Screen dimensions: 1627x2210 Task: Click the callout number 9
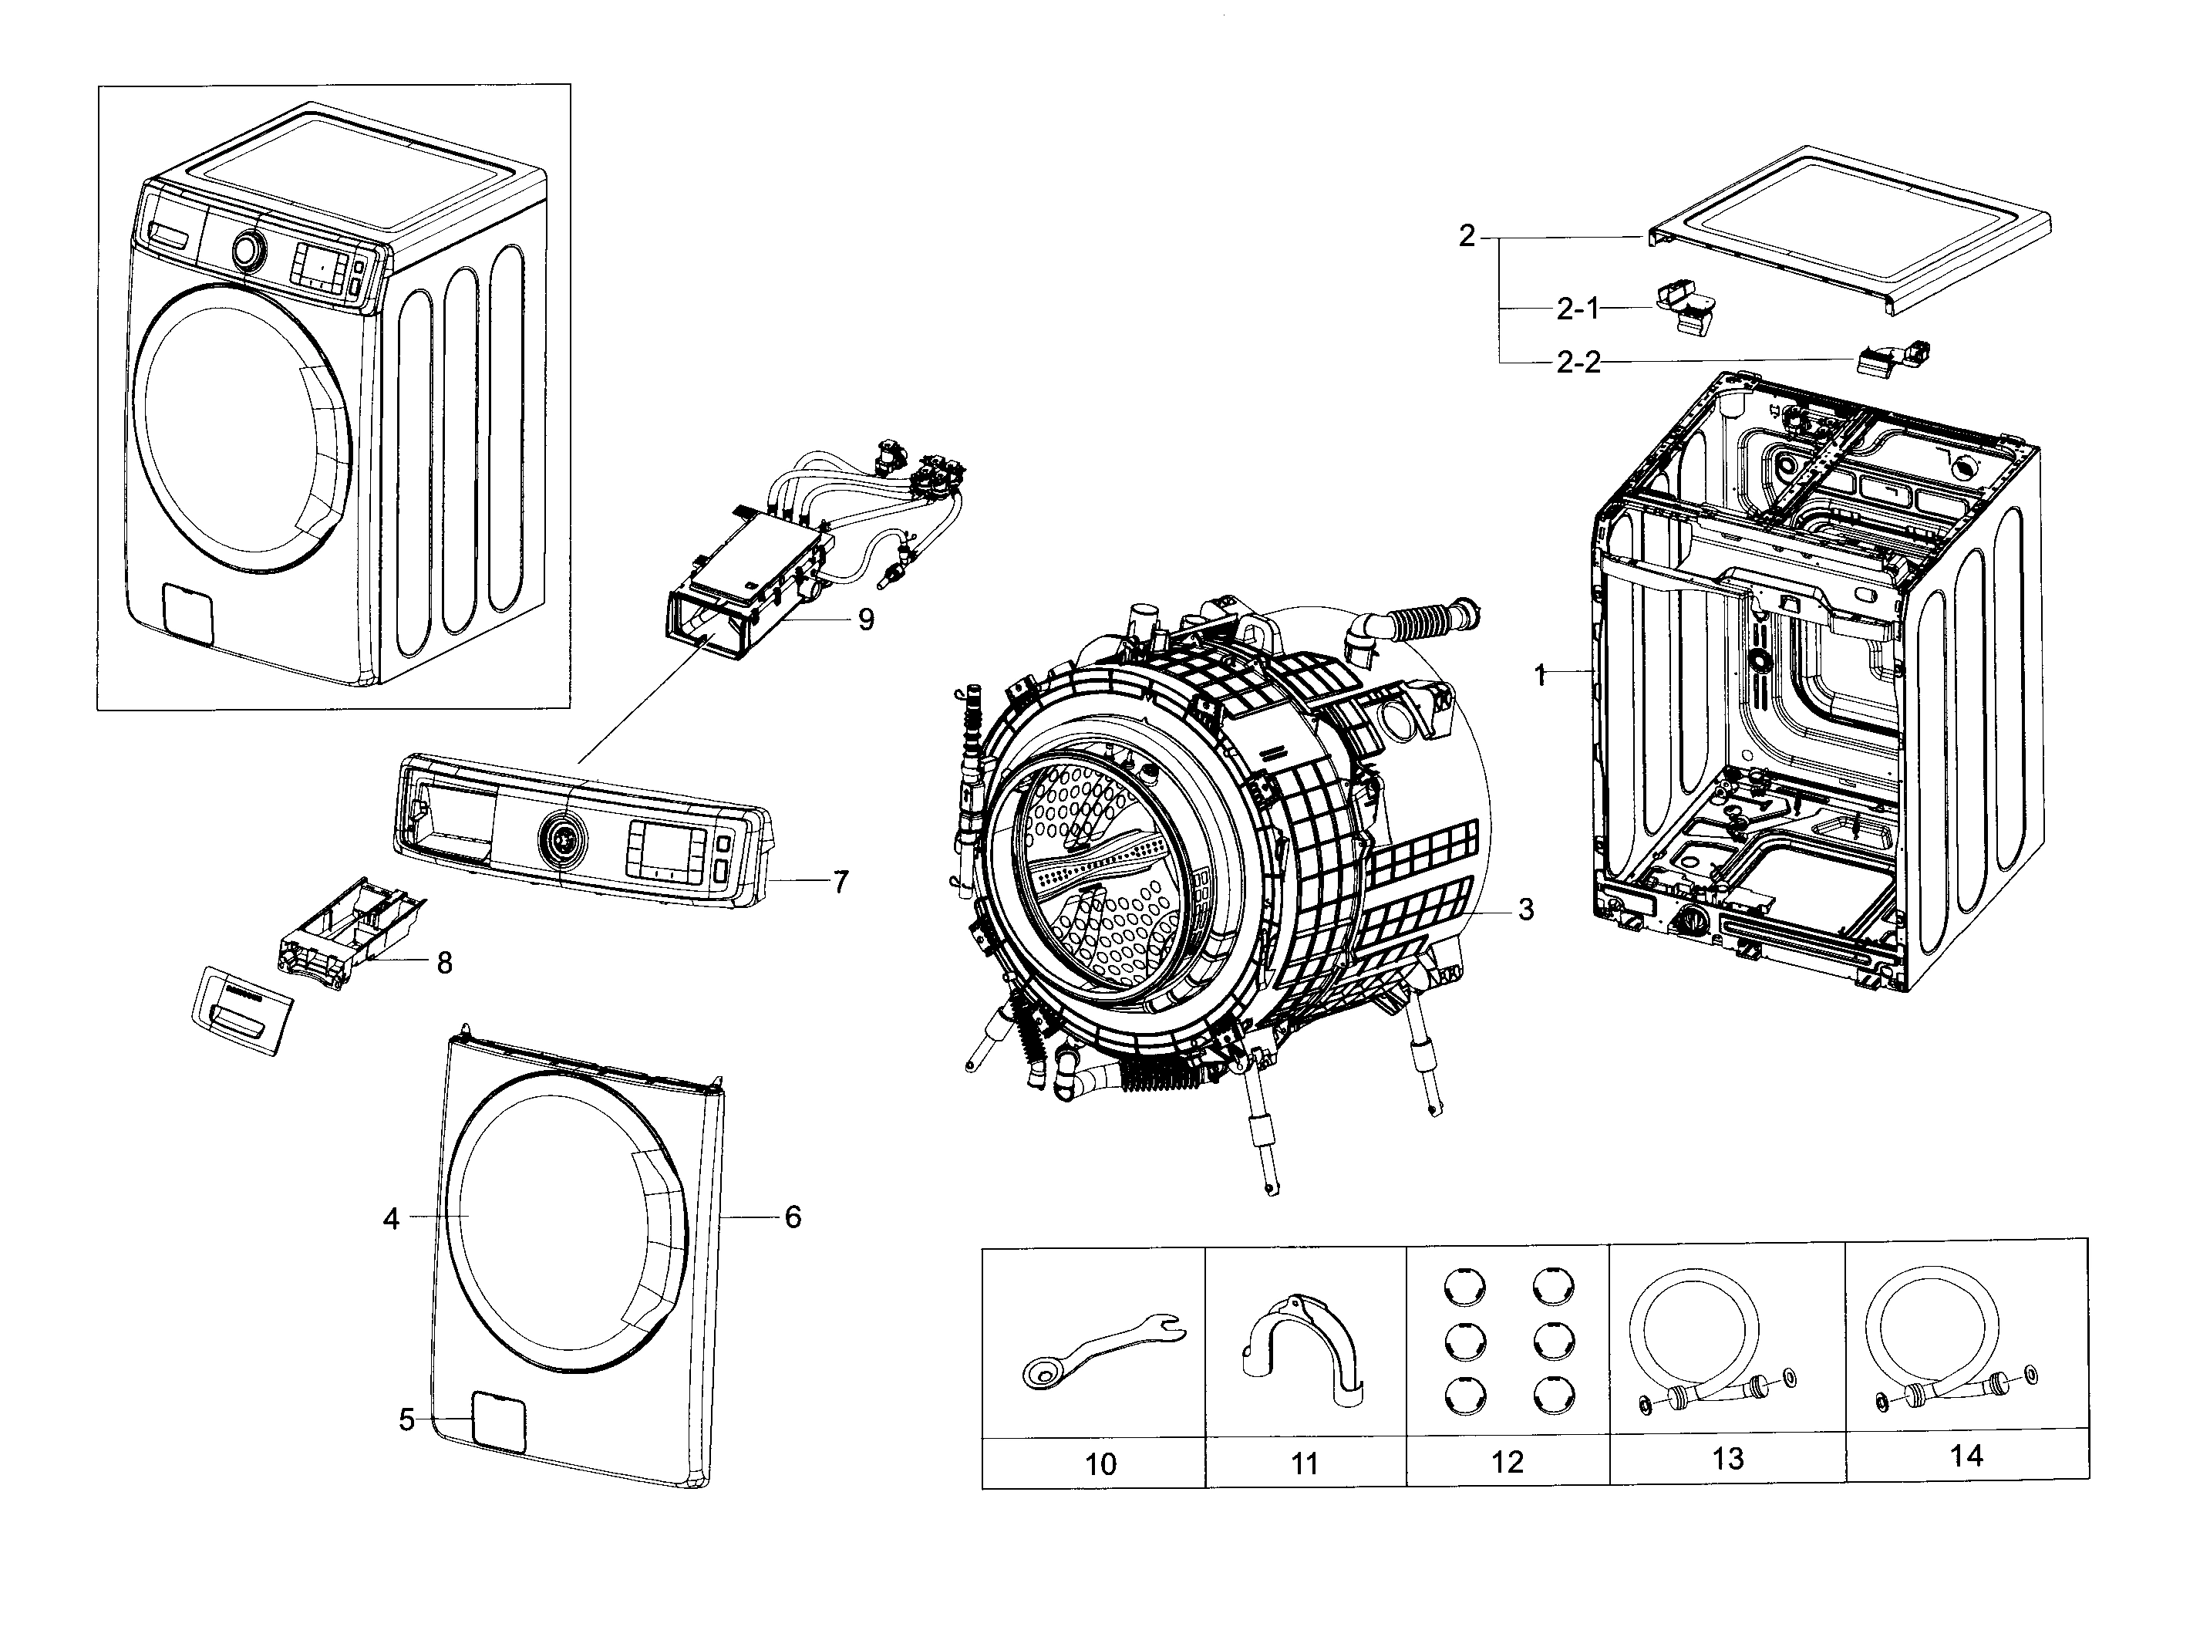tap(865, 619)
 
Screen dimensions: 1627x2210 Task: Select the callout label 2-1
tap(1577, 309)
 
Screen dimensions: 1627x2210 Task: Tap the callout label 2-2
tap(1577, 363)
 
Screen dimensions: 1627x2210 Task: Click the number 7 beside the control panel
tap(840, 882)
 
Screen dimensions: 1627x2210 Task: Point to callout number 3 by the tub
tap(1524, 909)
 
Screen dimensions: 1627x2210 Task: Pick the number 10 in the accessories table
tap(1100, 1464)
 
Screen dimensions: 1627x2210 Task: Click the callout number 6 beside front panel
tap(793, 1217)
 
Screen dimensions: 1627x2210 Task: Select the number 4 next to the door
tap(391, 1219)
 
